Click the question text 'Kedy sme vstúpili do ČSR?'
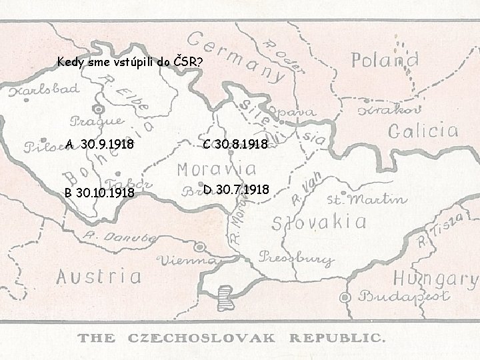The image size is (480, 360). point(130,63)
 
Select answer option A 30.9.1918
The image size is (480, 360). point(99,144)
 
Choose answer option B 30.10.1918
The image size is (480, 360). point(99,193)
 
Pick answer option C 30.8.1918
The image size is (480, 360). point(235,144)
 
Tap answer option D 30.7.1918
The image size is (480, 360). point(237,190)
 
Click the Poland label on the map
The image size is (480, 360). point(385,61)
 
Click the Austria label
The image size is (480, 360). point(99,275)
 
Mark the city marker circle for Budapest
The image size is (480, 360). point(345,296)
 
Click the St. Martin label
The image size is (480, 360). point(367,199)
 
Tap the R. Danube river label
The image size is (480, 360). point(110,239)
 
